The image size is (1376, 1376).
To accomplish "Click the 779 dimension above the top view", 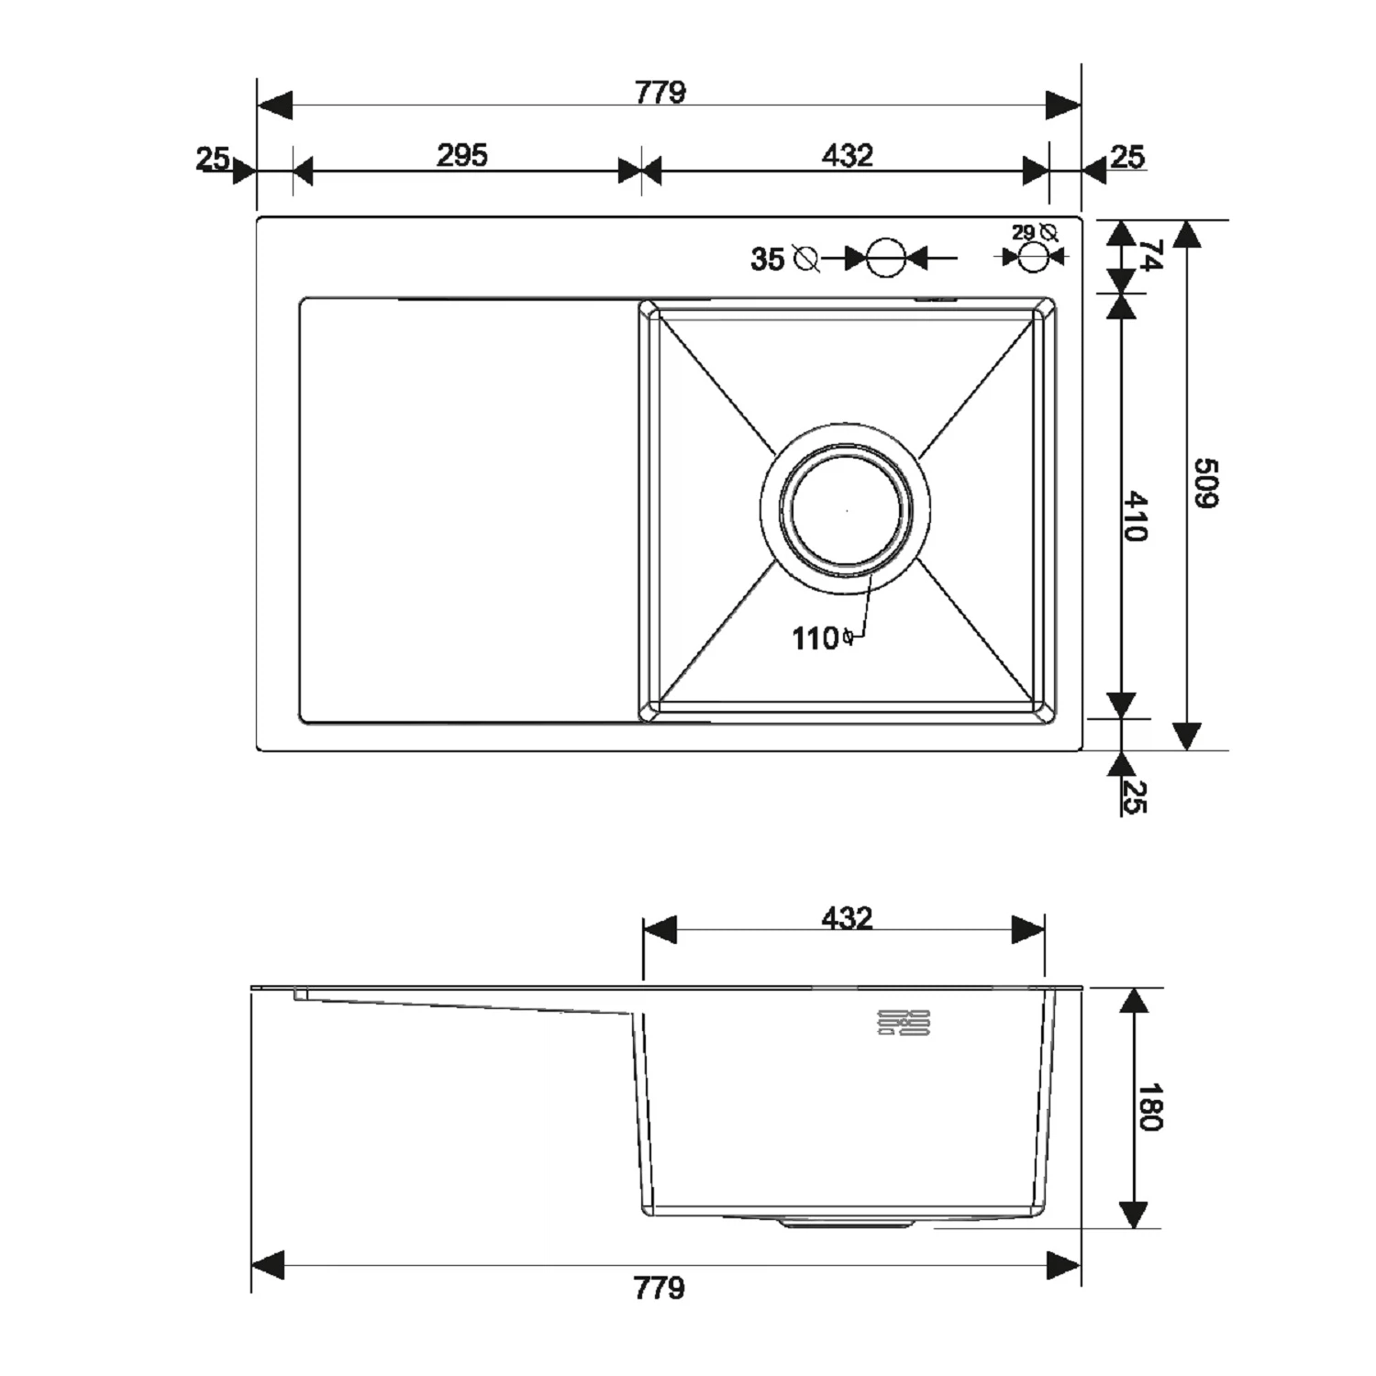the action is click(660, 93).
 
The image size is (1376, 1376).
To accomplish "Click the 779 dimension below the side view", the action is click(660, 1288).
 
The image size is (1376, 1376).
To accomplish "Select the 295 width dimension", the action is click(461, 155).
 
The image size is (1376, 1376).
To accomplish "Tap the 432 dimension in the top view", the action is click(847, 155).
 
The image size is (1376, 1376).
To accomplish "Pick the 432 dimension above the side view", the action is click(847, 917).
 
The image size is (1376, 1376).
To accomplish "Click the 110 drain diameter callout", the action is click(816, 638).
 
